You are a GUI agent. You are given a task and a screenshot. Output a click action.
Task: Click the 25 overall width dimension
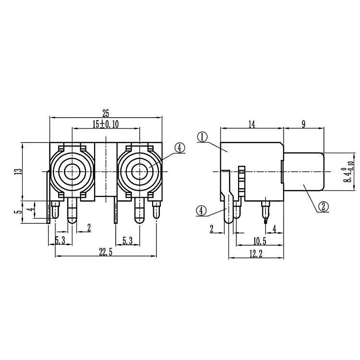click(106, 113)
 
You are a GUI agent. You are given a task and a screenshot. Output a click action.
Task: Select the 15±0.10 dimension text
click(106, 124)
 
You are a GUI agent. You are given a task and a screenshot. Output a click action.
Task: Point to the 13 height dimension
click(18, 171)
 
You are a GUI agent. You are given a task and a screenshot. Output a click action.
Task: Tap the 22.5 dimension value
click(106, 252)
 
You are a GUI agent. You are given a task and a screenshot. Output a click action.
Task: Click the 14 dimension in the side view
click(252, 124)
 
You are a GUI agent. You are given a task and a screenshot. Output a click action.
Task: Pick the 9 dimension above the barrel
click(303, 124)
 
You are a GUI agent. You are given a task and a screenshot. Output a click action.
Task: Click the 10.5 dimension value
click(260, 241)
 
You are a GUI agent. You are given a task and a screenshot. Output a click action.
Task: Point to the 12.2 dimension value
click(256, 254)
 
